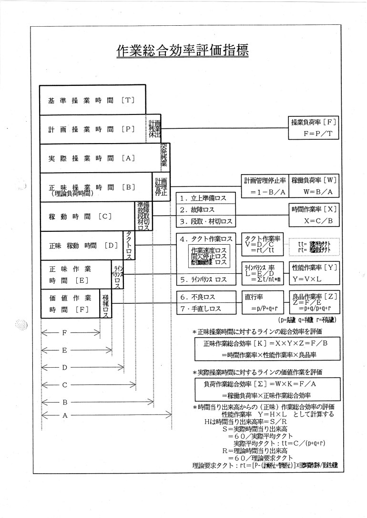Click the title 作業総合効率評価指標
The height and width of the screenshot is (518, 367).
pyautogui.click(x=183, y=51)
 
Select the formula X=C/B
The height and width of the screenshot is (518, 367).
pyautogui.click(x=315, y=221)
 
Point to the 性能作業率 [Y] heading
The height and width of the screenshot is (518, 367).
pyautogui.click(x=315, y=267)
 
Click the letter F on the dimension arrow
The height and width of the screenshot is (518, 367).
pyautogui.click(x=64, y=333)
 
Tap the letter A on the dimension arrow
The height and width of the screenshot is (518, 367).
pyautogui.click(x=64, y=415)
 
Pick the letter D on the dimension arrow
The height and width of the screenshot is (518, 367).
pyautogui.click(x=64, y=367)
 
